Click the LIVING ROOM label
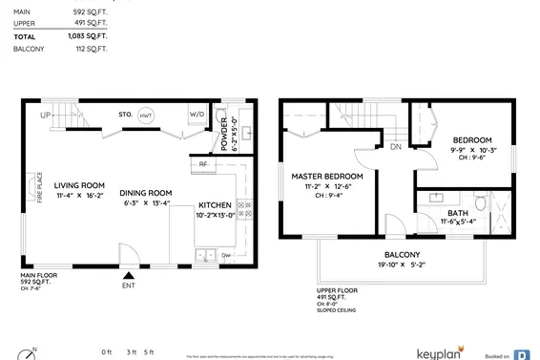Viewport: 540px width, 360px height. pyautogui.click(x=79, y=185)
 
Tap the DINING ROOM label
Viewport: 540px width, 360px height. pyautogui.click(x=145, y=193)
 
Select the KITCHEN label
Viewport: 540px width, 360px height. pyautogui.click(x=214, y=204)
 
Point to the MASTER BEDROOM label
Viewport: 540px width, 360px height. pyautogui.click(x=327, y=177)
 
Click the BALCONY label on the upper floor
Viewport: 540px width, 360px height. pyautogui.click(x=401, y=254)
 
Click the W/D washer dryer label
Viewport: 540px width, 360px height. pyautogui.click(x=197, y=114)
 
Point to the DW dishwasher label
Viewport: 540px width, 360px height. pyautogui.click(x=226, y=255)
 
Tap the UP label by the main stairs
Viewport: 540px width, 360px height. pyautogui.click(x=45, y=116)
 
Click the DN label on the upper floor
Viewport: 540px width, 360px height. pyautogui.click(x=395, y=147)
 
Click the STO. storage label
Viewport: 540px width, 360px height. pyautogui.click(x=124, y=114)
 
